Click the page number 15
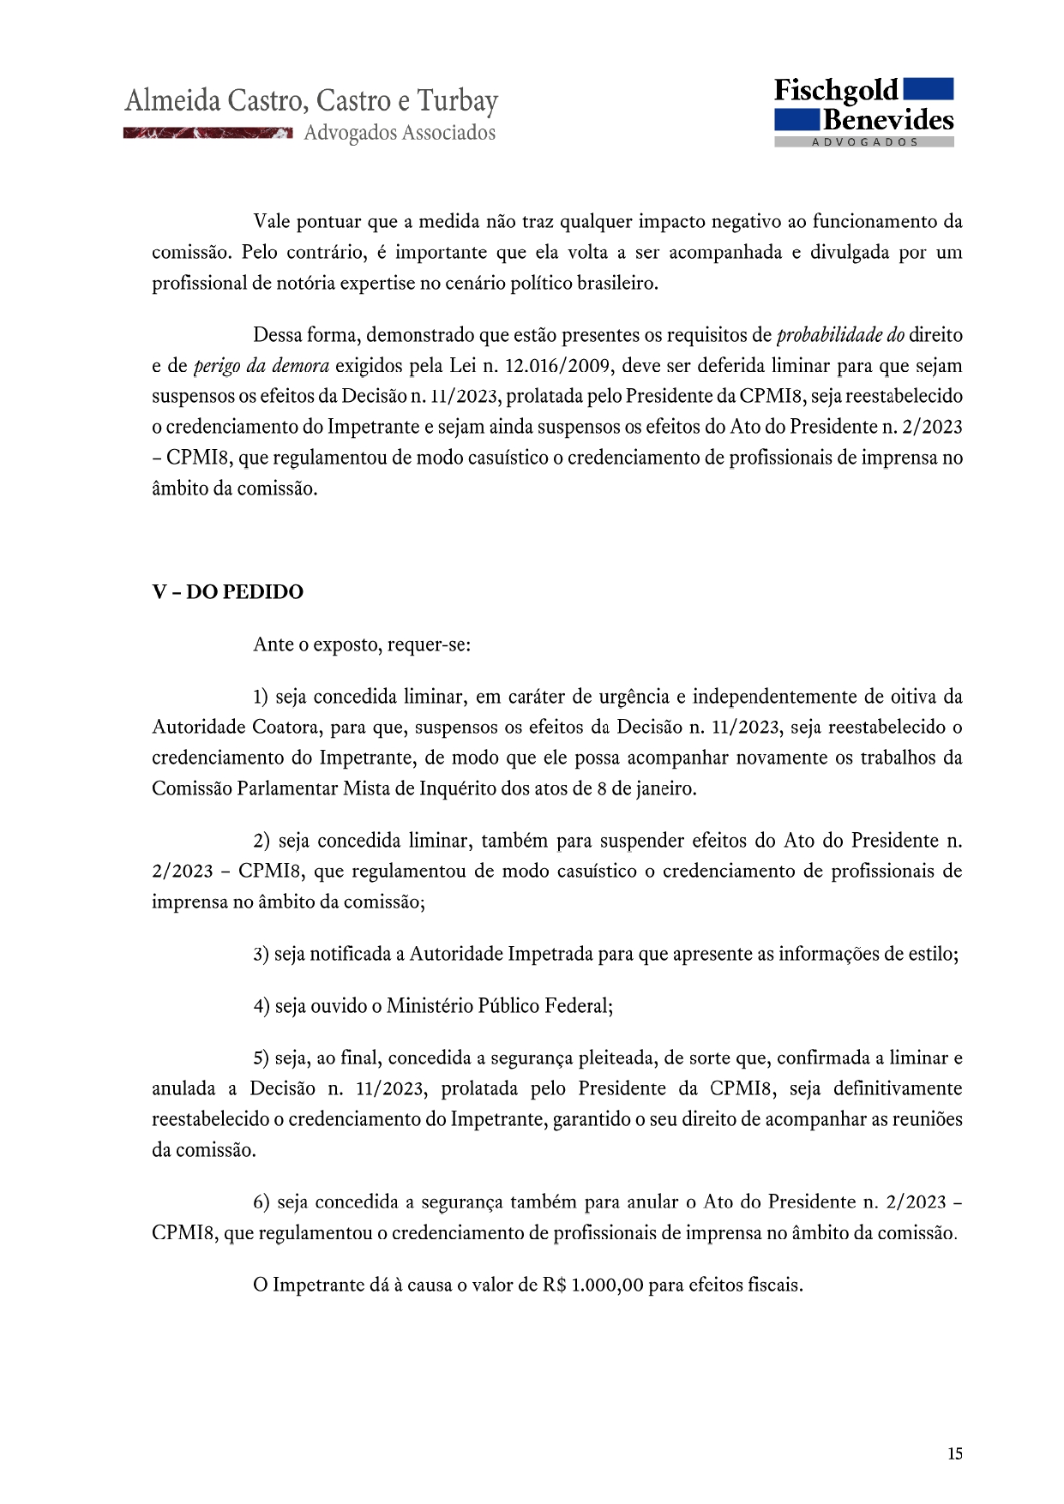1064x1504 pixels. (x=954, y=1453)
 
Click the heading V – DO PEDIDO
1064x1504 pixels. (x=227, y=592)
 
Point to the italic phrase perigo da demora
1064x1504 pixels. (x=261, y=366)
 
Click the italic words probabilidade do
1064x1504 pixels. (x=839, y=335)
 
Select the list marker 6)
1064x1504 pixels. (x=261, y=1202)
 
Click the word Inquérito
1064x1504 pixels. (x=459, y=788)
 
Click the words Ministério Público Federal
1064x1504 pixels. (x=499, y=1006)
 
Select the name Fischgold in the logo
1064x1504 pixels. (x=836, y=91)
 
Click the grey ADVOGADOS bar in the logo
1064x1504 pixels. (x=863, y=142)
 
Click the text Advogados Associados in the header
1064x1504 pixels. (x=400, y=133)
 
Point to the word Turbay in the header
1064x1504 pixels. (x=457, y=102)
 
